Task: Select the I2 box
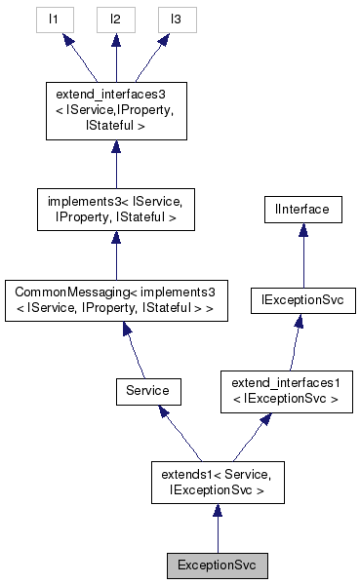point(115,19)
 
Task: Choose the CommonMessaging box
point(115,301)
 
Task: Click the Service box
point(147,390)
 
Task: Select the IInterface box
point(303,210)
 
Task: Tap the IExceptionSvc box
point(303,301)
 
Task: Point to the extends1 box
point(217,482)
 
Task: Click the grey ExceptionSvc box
point(217,565)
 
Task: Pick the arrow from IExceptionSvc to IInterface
point(303,255)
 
